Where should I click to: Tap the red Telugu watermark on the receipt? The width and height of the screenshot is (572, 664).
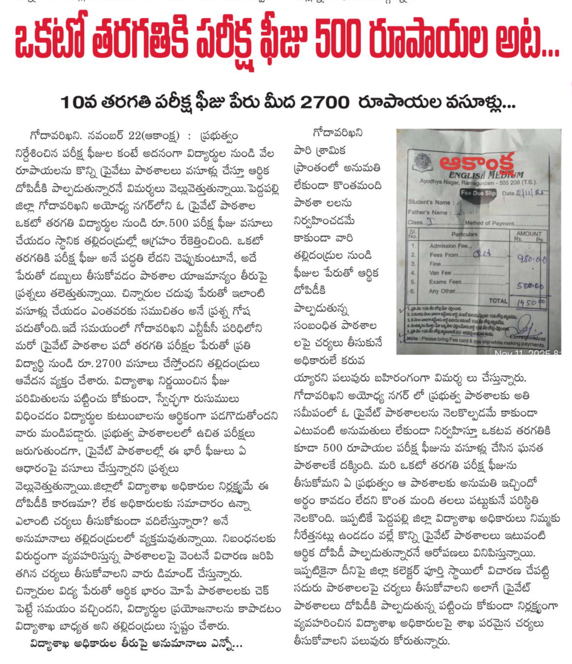[x=477, y=162]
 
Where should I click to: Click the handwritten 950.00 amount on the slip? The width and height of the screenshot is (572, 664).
[x=531, y=259]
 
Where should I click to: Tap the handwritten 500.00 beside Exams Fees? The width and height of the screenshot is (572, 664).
[x=531, y=286]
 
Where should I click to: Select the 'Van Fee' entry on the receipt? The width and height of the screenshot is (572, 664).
[x=440, y=272]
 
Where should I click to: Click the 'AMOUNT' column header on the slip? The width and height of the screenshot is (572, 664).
[x=529, y=233]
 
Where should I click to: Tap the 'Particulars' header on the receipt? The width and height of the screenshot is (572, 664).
[x=464, y=234]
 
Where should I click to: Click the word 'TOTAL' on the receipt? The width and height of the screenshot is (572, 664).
[x=498, y=301]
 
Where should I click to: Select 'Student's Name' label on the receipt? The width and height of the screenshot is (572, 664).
[x=429, y=202]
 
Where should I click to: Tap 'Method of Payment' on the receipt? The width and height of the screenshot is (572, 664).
[x=489, y=223]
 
